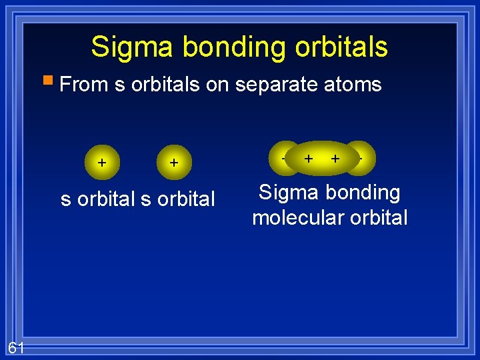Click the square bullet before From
point(48,82)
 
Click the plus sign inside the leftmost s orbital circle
point(101,162)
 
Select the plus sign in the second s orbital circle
point(173,162)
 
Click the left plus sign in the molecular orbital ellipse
point(309,158)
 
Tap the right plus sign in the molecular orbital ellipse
point(335,158)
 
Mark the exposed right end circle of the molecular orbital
point(365,158)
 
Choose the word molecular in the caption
point(297,218)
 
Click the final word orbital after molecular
point(377,218)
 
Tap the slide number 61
point(16,347)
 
